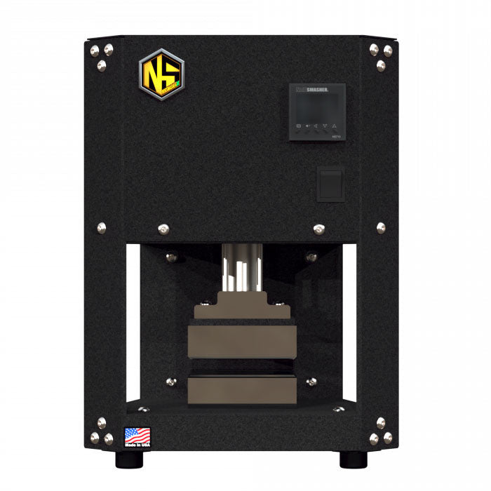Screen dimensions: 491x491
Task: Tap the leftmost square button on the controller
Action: coord(299,126)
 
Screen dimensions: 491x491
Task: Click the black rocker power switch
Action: coord(330,184)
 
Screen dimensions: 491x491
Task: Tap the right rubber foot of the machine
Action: coord(351,459)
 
